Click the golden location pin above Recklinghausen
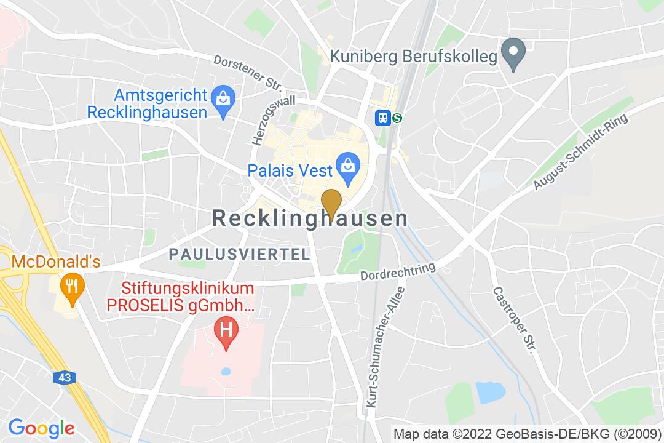pyautogui.click(x=332, y=204)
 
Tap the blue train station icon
pyautogui.click(x=384, y=118)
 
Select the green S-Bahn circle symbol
pyautogui.click(x=398, y=118)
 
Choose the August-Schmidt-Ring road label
pyautogui.click(x=581, y=151)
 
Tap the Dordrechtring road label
pyautogui.click(x=398, y=273)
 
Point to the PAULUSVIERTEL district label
pyautogui.click(x=240, y=254)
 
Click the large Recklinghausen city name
pyautogui.click(x=310, y=218)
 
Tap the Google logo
pyautogui.click(x=41, y=428)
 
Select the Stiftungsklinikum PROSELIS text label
pyautogui.click(x=188, y=297)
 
